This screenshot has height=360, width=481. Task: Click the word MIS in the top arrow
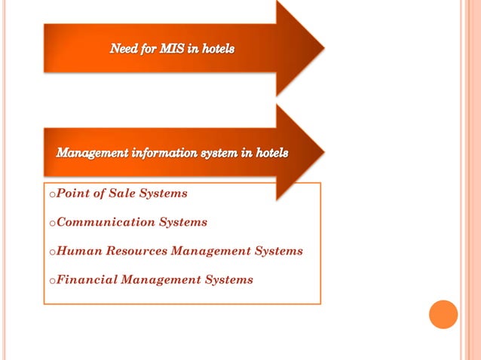click(174, 49)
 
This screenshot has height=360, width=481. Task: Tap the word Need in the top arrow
click(124, 49)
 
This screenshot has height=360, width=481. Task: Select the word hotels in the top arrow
click(216, 49)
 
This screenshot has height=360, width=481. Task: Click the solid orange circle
click(443, 314)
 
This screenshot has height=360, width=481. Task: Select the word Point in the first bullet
click(73, 194)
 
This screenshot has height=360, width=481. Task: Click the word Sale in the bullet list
click(123, 194)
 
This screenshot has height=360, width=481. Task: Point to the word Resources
click(136, 251)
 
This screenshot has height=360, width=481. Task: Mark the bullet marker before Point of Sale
click(52, 195)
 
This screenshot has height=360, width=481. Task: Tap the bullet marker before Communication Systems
click(52, 224)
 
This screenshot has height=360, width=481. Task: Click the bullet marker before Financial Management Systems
click(52, 281)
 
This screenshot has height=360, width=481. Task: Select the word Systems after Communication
click(183, 222)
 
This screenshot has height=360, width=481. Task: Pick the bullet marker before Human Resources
click(52, 252)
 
